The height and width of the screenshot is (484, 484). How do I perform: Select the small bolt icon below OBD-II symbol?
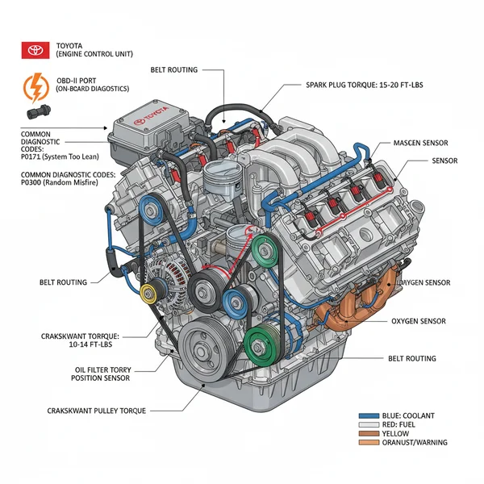point(37,111)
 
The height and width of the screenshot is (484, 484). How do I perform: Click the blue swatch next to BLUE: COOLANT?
point(367,415)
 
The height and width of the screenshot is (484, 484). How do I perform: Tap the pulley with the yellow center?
point(148,293)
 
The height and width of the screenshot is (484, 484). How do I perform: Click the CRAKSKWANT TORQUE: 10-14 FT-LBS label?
point(80,340)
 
